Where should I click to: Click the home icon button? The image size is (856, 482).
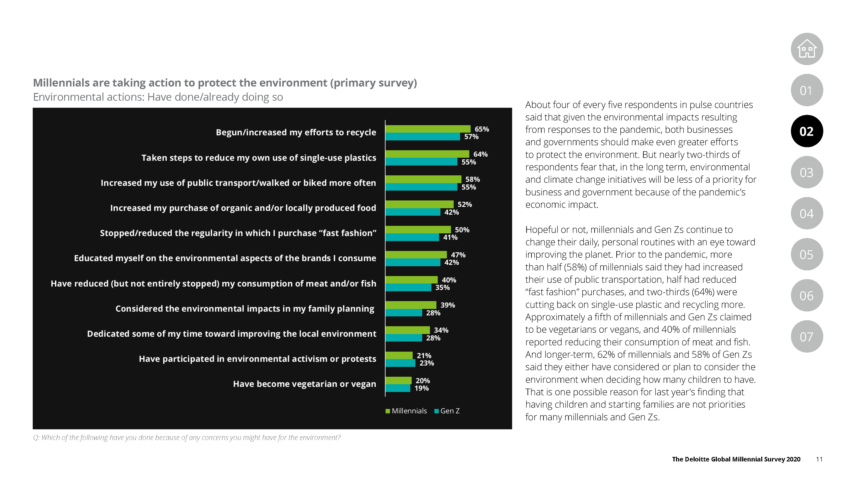[807, 49]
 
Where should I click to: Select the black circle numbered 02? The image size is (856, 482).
[807, 131]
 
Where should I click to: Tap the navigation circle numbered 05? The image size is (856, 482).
[807, 254]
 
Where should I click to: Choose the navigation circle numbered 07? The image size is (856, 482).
[807, 337]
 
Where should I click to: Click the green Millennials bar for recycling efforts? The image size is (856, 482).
[428, 129]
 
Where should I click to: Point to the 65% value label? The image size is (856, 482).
[481, 129]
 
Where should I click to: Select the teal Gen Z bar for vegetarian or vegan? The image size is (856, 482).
[398, 388]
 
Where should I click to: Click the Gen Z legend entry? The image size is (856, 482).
[447, 411]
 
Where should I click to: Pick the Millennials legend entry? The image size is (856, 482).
[406, 411]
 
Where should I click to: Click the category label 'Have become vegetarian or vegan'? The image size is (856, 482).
[304, 384]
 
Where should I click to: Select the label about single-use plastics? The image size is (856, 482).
[259, 158]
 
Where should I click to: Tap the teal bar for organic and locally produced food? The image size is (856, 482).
[413, 212]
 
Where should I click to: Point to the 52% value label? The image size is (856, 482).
[465, 204]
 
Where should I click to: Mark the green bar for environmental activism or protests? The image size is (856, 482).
[399, 355]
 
